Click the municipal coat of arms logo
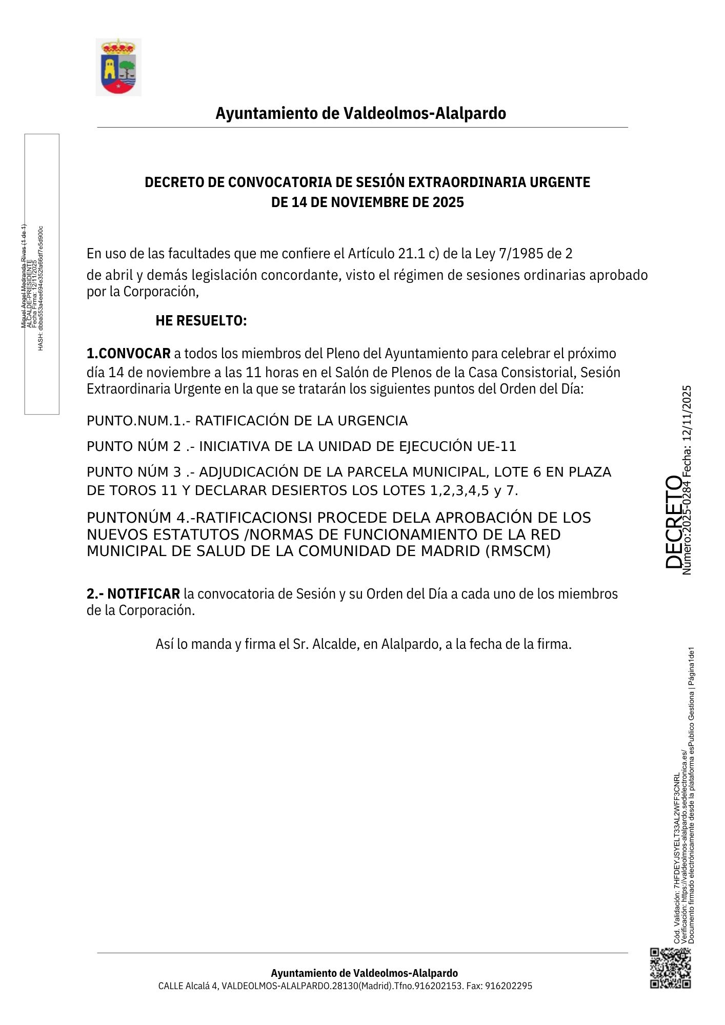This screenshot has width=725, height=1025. [x=118, y=67]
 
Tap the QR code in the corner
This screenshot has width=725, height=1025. [x=670, y=968]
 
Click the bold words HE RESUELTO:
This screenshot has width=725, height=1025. [x=201, y=321]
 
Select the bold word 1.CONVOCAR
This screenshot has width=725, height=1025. [x=129, y=354]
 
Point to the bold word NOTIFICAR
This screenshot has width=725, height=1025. [x=144, y=594]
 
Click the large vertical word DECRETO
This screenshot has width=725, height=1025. [x=673, y=522]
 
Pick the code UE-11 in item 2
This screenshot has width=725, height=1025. [x=496, y=446]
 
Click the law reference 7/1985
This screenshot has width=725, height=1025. [x=521, y=254]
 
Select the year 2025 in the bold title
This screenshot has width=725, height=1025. [x=448, y=202]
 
